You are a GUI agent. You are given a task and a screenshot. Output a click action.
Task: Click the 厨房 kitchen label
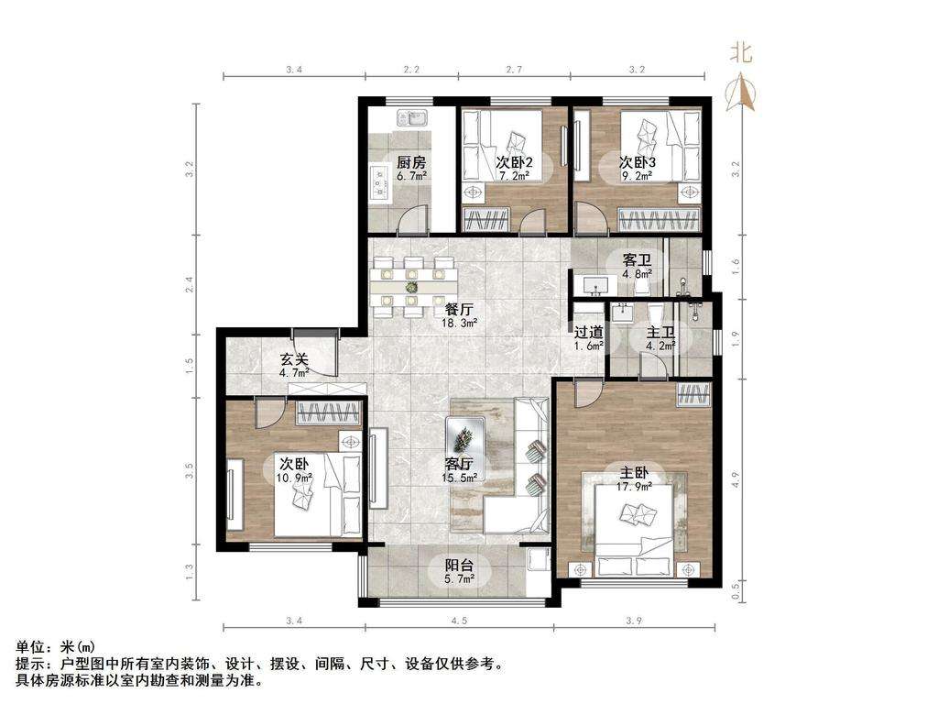pos(411,162)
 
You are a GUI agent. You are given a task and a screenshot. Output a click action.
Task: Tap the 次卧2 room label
pos(515,162)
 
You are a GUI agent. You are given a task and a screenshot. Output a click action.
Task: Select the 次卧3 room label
pos(638,162)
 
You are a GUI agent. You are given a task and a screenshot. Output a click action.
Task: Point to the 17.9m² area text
pos(634,487)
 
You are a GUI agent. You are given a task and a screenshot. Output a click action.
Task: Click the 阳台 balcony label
pos(460,565)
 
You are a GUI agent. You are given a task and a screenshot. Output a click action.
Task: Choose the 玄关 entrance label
pos(294,359)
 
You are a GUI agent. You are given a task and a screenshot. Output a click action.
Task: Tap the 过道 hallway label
pos(589,332)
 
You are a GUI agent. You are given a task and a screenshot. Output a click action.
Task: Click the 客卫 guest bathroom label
pos(637,260)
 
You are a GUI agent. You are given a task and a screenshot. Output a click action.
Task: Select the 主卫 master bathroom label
pos(660,332)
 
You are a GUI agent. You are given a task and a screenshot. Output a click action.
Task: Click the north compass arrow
pos(741,92)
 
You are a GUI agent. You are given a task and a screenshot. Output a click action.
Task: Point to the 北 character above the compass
pos(740,52)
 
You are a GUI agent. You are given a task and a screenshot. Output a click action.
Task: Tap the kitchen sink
pos(411,117)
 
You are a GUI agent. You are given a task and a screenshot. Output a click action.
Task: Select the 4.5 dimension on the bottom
pos(459,621)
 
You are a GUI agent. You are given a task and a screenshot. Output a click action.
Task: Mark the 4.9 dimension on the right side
pos(736,479)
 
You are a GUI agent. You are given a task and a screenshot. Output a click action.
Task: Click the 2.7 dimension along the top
pos(514,69)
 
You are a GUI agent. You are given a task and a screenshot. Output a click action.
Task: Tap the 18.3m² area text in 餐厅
pos(460,324)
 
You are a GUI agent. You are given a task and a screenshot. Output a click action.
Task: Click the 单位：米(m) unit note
pos(55,646)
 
